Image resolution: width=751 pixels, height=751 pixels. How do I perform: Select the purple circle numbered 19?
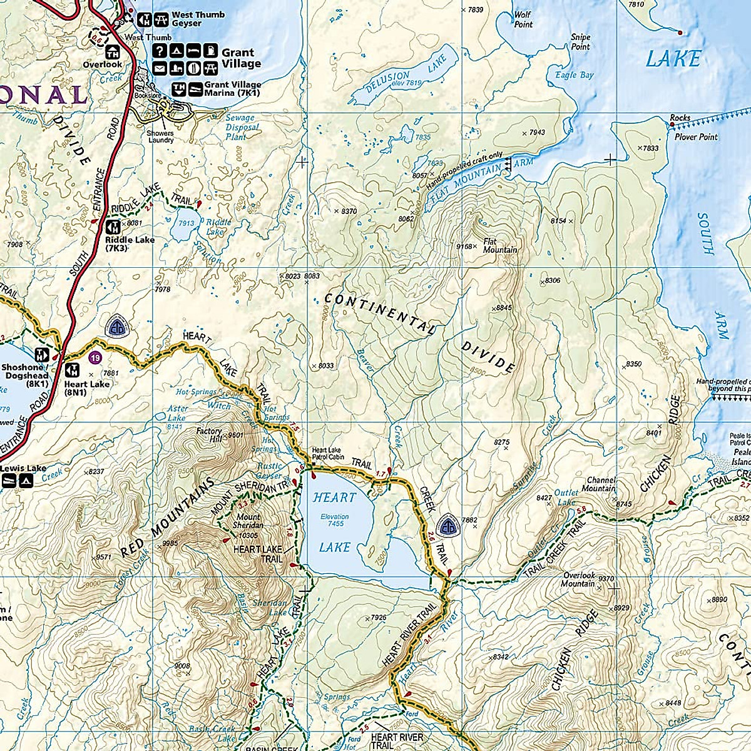pos(94,357)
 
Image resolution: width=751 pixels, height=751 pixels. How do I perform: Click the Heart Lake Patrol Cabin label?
pos(328,453)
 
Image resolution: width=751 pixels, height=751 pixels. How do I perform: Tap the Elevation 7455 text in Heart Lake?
pos(334,520)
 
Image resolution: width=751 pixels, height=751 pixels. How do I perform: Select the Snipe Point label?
pos(580,42)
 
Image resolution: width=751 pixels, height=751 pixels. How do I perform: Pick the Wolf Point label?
pos(523,19)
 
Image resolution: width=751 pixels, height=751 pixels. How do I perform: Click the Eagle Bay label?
pos(574,75)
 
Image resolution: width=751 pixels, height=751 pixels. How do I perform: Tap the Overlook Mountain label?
pos(579,579)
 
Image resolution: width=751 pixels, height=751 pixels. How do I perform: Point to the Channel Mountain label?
pos(599,484)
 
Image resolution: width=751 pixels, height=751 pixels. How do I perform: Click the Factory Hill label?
pos(209,435)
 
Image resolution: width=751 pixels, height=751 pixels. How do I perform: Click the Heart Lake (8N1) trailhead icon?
pos(73,370)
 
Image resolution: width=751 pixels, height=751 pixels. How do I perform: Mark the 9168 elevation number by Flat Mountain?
pos(464,247)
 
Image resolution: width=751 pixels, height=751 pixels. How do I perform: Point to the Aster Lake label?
pos(178,413)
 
